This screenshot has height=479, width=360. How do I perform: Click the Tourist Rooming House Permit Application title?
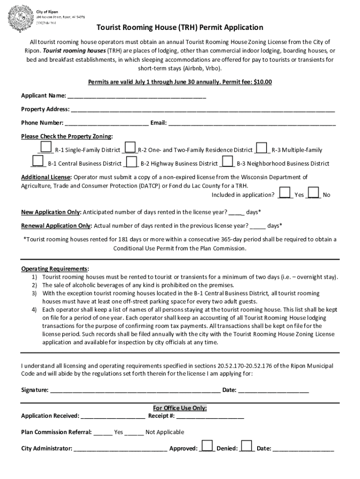pos(180,28)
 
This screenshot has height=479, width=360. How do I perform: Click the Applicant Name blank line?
pos(137,96)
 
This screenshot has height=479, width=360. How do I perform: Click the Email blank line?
pos(252,123)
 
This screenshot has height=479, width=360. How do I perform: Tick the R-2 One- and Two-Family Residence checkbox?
pos(130,148)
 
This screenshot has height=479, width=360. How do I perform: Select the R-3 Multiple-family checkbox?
pos(262,148)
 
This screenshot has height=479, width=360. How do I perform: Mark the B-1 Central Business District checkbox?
pos(38,161)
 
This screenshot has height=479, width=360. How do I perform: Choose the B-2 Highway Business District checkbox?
pos(132,161)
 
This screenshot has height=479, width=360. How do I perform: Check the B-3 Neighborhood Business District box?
pos(228,161)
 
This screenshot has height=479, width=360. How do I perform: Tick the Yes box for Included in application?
pos(284,192)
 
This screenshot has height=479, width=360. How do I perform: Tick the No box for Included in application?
pos(314,192)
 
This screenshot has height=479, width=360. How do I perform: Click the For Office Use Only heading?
pos(180,408)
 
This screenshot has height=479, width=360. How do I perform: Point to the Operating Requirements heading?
pos(55,269)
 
